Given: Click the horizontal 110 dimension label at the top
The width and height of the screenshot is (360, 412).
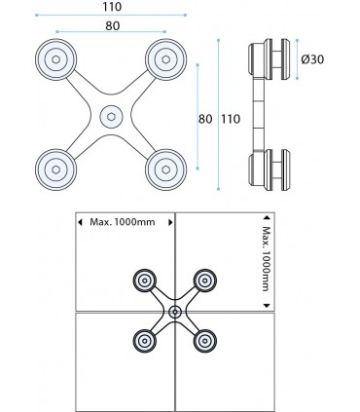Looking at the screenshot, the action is click(112, 7).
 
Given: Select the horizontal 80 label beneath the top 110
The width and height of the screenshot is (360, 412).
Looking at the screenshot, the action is click(112, 26).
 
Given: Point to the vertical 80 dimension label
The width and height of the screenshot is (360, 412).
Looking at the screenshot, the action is click(205, 119).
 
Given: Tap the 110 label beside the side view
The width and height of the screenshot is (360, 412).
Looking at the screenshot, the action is click(231, 119).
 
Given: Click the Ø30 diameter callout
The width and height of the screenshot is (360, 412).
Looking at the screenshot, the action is click(312, 59).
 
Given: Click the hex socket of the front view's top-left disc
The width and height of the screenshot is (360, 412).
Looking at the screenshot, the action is click(55, 59).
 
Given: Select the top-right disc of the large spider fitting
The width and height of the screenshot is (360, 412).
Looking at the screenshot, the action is click(165, 59).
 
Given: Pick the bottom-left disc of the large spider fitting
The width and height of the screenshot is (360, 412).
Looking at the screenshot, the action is click(55, 169).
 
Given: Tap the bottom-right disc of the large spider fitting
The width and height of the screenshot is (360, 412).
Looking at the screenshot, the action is click(165, 169).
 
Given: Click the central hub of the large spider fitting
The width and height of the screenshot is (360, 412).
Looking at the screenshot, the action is click(111, 117).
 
